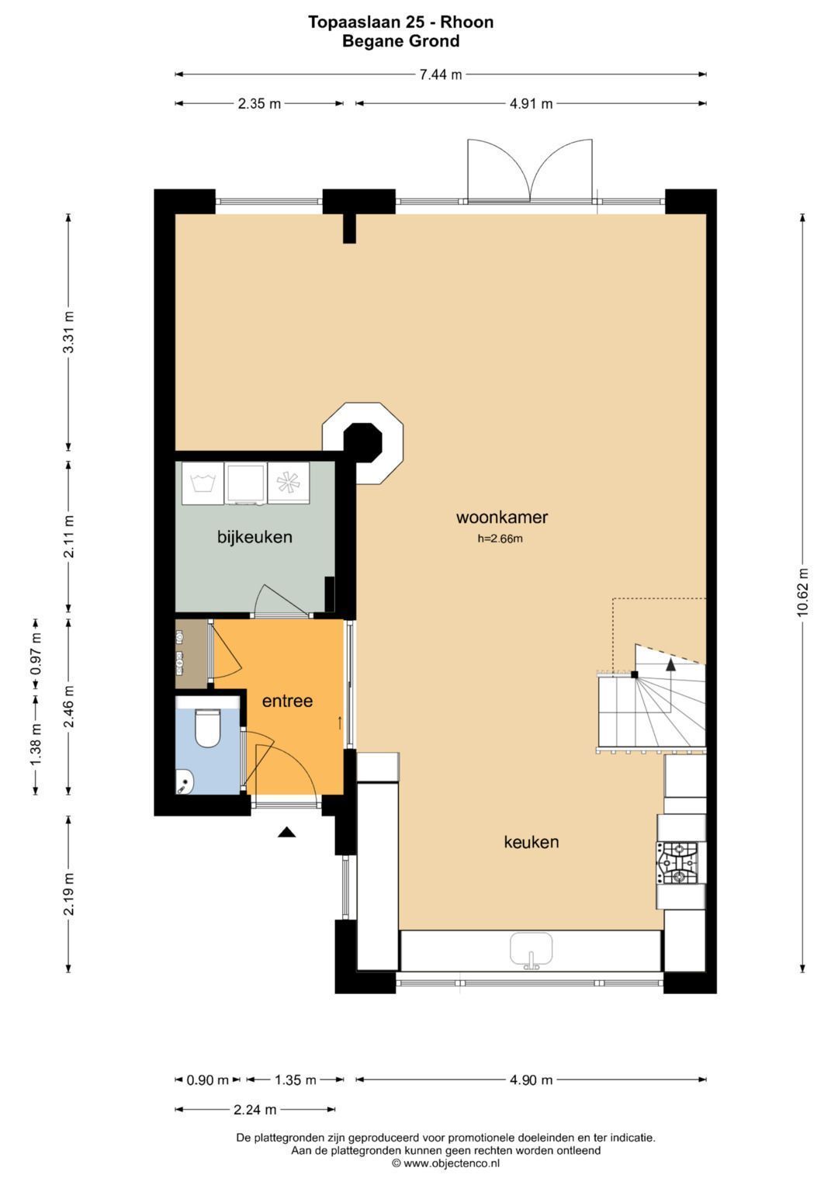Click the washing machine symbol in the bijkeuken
click(x=203, y=483)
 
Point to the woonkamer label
click(x=501, y=517)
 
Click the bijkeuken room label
click(x=255, y=537)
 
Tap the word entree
click(x=287, y=701)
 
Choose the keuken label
click(x=532, y=842)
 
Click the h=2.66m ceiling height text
click(x=500, y=539)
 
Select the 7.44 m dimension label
click(x=441, y=74)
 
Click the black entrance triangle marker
click(x=287, y=832)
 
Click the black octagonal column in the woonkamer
click(x=363, y=442)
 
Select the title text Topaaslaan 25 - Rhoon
click(x=400, y=22)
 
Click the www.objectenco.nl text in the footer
click(x=452, y=1163)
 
